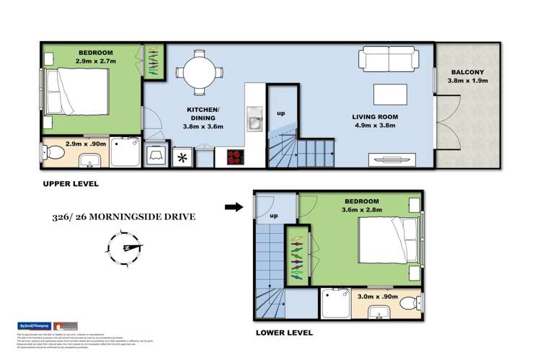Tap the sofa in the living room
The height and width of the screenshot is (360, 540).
[389, 58]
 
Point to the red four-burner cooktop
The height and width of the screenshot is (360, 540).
[236, 156]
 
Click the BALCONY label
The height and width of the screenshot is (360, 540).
[469, 72]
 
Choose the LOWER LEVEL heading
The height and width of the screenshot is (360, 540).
[284, 333]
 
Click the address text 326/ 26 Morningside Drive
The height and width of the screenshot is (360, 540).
[123, 216]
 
